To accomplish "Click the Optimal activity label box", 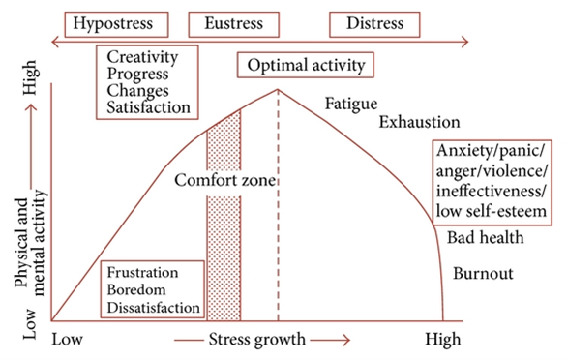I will click(306, 66).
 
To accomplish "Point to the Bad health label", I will click(486, 238).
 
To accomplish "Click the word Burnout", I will click(486, 272).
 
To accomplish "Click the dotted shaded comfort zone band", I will click(224, 242).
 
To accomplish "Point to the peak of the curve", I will click(279, 90).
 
